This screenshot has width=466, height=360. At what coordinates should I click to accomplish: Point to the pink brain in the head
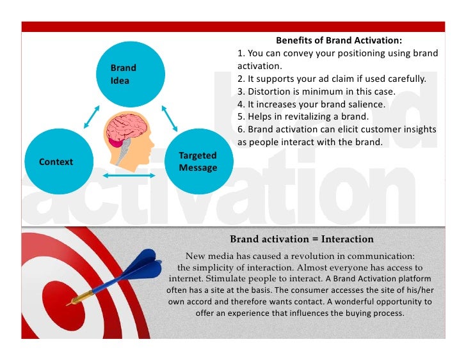tap(125, 129)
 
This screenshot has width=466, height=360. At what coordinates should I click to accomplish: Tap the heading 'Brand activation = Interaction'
tap(301, 239)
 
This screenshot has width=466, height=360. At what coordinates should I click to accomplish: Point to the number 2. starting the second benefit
tap(241, 79)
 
